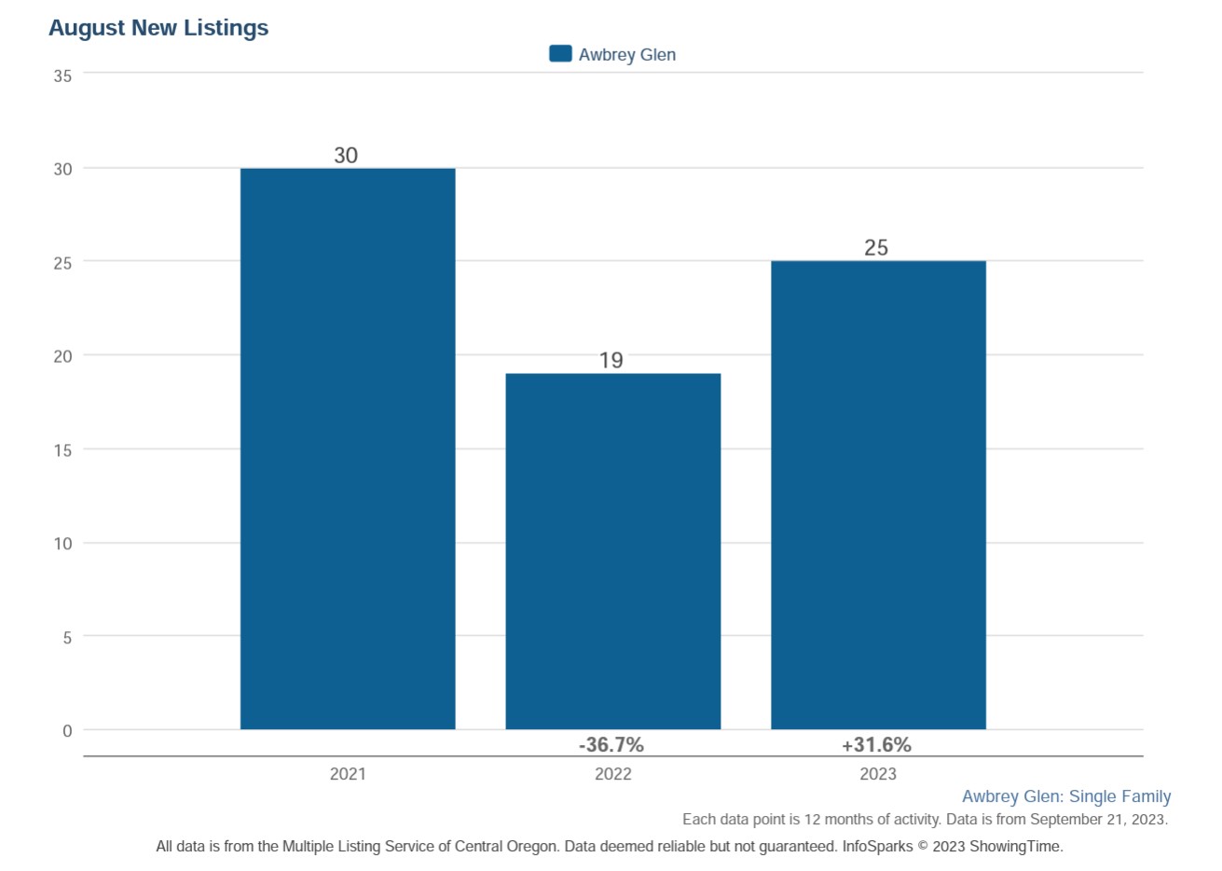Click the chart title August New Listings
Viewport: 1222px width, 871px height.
tap(158, 28)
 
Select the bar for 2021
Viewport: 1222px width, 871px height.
tap(348, 449)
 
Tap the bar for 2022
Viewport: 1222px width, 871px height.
tap(612, 551)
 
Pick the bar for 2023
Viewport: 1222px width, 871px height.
tap(878, 495)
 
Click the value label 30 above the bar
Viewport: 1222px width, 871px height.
tap(346, 156)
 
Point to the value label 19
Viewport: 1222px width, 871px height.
tap(611, 361)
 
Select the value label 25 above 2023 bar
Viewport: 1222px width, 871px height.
tap(876, 248)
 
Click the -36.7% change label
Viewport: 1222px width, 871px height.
tap(611, 745)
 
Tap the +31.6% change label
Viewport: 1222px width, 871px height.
tap(876, 745)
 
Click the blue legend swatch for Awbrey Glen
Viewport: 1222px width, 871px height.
tap(560, 54)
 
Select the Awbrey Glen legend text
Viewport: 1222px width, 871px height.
tap(626, 55)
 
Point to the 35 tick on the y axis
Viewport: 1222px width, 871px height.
tap(62, 76)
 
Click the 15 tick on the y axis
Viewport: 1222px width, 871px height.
tap(62, 450)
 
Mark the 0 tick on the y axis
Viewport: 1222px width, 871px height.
tap(67, 731)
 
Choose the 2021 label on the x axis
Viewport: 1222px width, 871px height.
tap(348, 774)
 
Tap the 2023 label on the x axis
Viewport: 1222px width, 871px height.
tap(878, 774)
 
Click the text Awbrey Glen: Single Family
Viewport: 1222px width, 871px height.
tap(1066, 796)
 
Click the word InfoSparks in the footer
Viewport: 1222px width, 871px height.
tap(877, 847)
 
